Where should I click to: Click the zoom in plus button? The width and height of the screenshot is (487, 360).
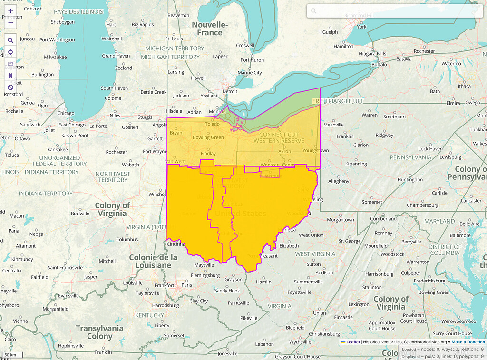10,10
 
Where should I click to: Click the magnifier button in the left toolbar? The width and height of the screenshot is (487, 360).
10,40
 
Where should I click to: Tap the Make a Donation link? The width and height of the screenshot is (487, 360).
468,342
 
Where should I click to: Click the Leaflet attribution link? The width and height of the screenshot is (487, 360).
352,342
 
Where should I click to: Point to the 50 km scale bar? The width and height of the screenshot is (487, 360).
10,355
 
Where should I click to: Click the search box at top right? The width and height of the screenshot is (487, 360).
391,11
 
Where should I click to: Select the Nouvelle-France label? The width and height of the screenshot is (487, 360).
210,29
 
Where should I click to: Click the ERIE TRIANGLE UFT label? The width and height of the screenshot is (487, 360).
337,101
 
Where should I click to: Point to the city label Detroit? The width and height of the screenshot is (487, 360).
230,91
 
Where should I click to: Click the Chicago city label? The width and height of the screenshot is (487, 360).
66,113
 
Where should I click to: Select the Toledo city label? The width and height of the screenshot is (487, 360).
212,124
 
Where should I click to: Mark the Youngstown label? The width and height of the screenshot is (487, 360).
315,150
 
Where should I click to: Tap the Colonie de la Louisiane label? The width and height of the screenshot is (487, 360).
153,261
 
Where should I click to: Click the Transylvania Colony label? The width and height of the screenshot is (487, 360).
99,332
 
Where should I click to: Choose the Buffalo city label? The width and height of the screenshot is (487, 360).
379,64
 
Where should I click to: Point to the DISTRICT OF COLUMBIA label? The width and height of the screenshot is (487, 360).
444,250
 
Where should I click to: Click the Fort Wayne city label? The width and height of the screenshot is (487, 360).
155,152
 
